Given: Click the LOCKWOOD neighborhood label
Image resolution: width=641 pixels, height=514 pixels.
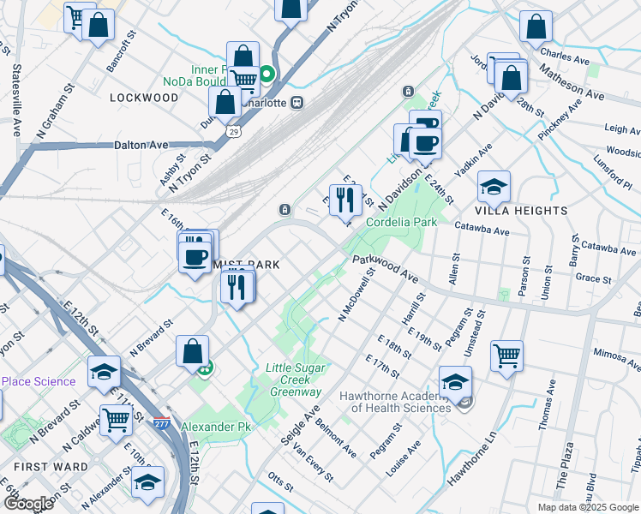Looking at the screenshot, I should [144, 98].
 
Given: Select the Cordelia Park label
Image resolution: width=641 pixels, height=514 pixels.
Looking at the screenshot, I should [402, 222].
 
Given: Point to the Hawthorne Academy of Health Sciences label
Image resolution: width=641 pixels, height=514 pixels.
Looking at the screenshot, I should [395, 402].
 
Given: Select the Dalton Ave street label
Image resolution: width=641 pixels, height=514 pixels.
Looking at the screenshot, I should [141, 146].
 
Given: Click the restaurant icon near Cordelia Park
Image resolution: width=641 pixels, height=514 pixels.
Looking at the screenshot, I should [345, 200].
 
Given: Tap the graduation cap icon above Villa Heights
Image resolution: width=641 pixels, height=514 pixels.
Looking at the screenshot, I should [494, 186].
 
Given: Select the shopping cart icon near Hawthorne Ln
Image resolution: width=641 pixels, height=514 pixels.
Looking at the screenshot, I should [506, 355].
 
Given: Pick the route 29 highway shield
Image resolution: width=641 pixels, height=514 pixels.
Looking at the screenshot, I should [232, 132].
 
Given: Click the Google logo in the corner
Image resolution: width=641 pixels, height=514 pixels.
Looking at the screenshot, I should [29, 505].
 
